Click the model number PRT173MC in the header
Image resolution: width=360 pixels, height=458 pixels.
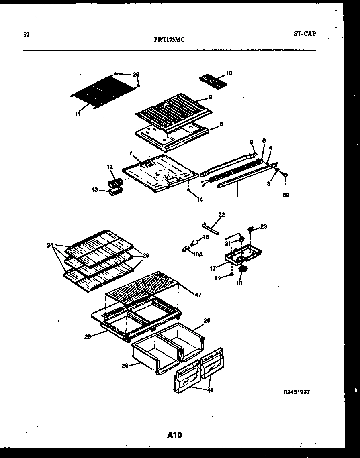(x=169, y=40)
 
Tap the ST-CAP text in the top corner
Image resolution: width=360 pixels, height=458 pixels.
(x=305, y=34)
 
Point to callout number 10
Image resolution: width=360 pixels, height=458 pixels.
(x=229, y=73)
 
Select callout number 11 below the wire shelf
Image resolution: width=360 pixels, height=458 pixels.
(x=78, y=114)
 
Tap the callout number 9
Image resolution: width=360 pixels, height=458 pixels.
(x=210, y=97)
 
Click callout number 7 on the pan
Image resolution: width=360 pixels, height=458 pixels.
(x=131, y=153)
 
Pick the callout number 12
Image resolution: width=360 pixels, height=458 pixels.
(x=110, y=167)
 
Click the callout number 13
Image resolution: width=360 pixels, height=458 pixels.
(x=95, y=189)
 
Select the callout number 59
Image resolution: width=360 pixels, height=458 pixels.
(x=286, y=195)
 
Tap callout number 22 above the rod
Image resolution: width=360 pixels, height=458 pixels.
(x=221, y=215)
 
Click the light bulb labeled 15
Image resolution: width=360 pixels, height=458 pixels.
(x=195, y=242)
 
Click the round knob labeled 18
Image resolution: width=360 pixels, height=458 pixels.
(x=242, y=271)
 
